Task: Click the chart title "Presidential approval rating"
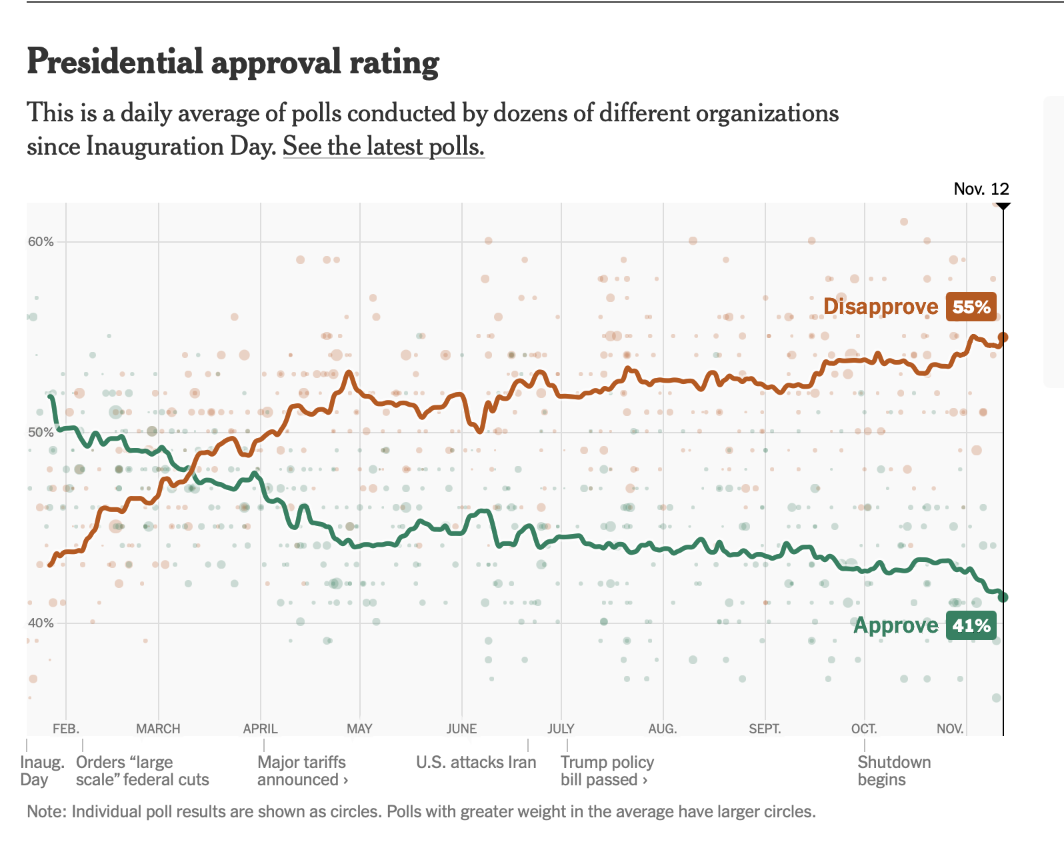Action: (x=233, y=62)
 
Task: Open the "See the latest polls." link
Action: (x=383, y=146)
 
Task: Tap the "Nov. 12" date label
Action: (x=981, y=189)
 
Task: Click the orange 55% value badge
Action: (x=971, y=307)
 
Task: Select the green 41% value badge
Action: (x=971, y=625)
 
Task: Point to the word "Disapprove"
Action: (x=881, y=307)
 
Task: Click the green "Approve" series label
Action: (x=896, y=625)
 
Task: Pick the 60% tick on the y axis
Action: (x=41, y=242)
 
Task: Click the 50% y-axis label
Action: (x=41, y=433)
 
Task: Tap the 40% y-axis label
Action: (x=41, y=623)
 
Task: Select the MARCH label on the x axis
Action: (x=158, y=729)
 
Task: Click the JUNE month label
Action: (x=461, y=729)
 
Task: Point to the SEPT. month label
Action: (x=765, y=729)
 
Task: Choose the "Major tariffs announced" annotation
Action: (x=302, y=771)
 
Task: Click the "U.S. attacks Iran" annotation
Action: (x=476, y=762)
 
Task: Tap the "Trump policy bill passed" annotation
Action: (x=607, y=771)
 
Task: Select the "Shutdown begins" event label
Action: (x=894, y=771)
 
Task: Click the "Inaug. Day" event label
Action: (x=42, y=771)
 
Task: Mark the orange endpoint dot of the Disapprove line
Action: (x=1003, y=337)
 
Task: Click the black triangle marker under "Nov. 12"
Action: (x=1003, y=207)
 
